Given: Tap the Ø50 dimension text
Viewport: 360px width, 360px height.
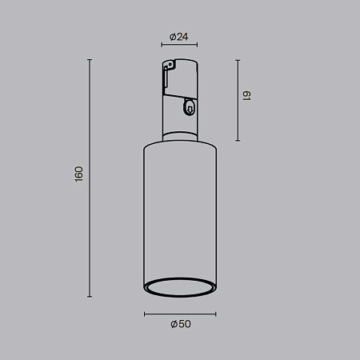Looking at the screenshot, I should [180, 324].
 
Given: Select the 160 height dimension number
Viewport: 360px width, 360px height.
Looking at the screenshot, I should [78, 174].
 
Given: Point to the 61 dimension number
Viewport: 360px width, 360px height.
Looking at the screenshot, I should [248, 96].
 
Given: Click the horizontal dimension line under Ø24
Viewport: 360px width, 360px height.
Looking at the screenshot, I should [179, 46].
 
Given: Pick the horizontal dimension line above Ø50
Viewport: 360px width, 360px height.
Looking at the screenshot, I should [180, 314].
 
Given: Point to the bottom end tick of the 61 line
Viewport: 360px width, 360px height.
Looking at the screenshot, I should [238, 141].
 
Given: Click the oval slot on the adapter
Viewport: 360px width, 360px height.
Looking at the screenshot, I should [189, 105].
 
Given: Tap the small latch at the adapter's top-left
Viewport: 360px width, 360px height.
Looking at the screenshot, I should [166, 76].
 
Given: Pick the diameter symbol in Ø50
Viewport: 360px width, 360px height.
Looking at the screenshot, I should [173, 324].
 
